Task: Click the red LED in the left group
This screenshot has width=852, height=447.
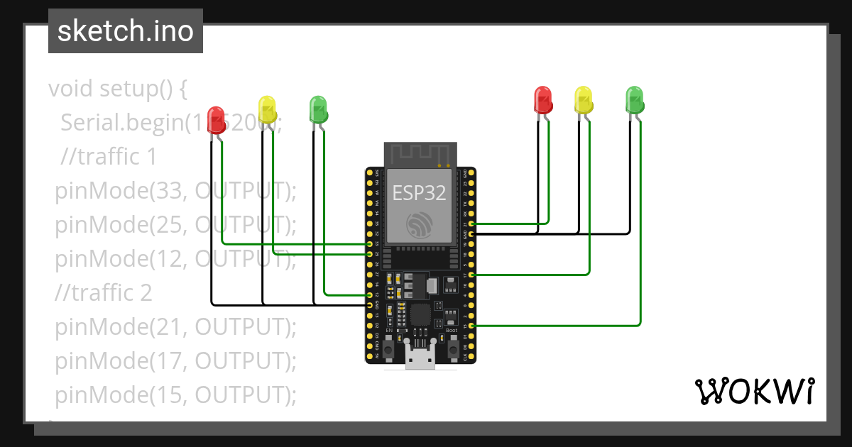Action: (x=216, y=119)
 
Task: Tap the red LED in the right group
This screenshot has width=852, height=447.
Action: (x=542, y=99)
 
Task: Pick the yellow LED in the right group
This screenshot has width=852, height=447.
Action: (x=583, y=99)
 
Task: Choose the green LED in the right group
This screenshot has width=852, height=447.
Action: (x=634, y=99)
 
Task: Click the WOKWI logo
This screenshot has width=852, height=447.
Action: (x=754, y=391)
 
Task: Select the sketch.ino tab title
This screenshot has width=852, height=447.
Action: (x=126, y=31)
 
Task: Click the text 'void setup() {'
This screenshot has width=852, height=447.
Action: (x=118, y=89)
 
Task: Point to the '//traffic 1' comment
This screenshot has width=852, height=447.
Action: (x=109, y=157)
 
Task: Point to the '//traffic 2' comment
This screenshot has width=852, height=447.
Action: (x=104, y=293)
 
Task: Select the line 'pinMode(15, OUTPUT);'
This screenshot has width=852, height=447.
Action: (x=175, y=395)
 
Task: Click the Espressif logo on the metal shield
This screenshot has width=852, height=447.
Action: (x=417, y=225)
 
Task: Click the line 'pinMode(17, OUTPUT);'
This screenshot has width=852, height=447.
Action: (x=175, y=361)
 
